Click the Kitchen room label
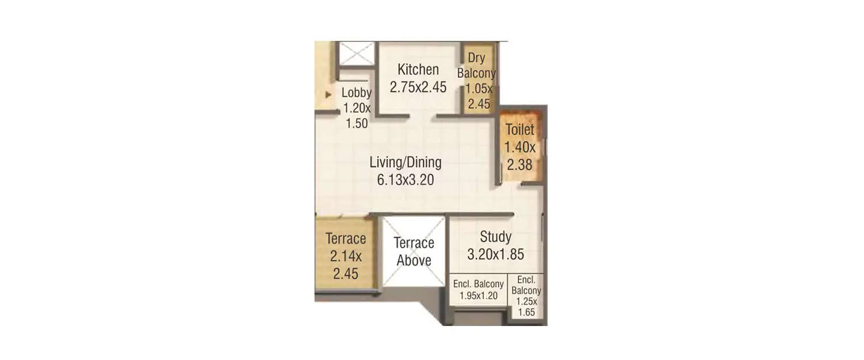[x=418, y=70]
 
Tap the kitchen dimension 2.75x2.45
[x=418, y=87]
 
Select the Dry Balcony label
[x=476, y=65]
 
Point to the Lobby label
[x=357, y=92]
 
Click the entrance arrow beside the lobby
[x=328, y=94]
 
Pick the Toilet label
[x=520, y=130]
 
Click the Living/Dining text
[x=406, y=162]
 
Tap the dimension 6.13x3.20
[x=406, y=180]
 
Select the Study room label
[x=495, y=237]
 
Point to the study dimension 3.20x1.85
[x=495, y=254]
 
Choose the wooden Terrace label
[x=346, y=238]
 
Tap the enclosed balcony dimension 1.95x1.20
[x=478, y=296]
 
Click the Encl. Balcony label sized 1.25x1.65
[x=526, y=285]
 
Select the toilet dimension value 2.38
[x=520, y=165]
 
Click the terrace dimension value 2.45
[x=346, y=273]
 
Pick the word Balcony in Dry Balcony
[x=476, y=73]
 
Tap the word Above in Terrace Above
[x=414, y=260]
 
